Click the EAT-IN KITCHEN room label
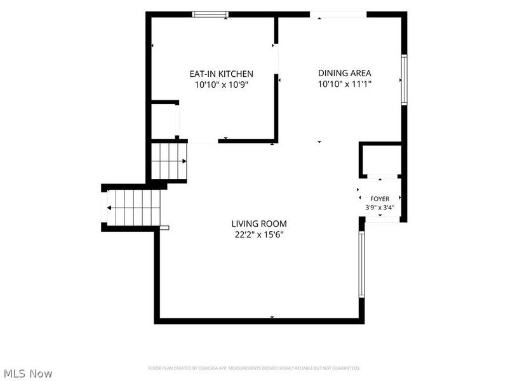(x=221, y=74)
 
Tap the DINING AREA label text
(x=344, y=73)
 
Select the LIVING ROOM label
(x=259, y=224)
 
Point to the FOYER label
(x=380, y=199)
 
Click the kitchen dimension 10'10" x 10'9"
(x=221, y=85)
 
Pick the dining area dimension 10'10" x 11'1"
(x=344, y=84)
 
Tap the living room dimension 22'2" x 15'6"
(x=259, y=234)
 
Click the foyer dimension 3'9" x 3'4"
(x=380, y=208)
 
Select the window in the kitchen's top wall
(x=210, y=14)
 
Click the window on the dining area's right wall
(x=404, y=80)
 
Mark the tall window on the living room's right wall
(x=361, y=264)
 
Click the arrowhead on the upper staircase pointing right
(x=184, y=161)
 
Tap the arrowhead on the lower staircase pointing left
(x=109, y=208)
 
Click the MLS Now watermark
(x=28, y=373)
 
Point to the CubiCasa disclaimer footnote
(x=254, y=368)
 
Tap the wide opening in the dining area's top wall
(x=338, y=14)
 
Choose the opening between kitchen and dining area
(x=276, y=58)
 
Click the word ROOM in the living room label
(x=275, y=224)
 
